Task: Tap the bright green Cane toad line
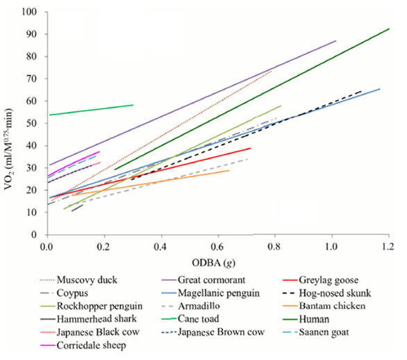click(90, 110)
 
